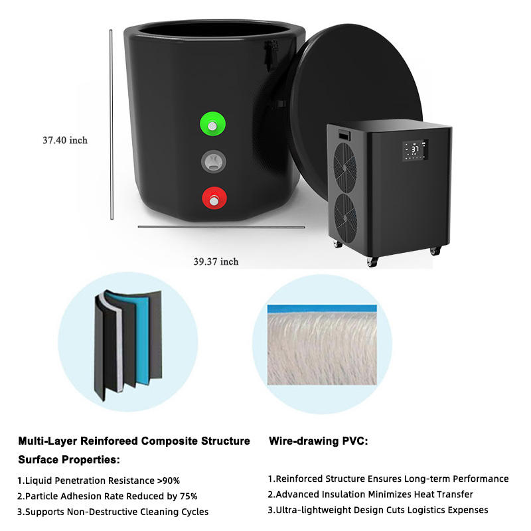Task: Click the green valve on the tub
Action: (x=212, y=124)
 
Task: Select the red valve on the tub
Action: (x=213, y=198)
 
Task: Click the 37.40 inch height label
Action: (x=65, y=140)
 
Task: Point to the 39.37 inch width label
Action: (x=216, y=262)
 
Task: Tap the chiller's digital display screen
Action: (x=414, y=150)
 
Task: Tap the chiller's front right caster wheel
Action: (x=435, y=251)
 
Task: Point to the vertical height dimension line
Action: (x=111, y=123)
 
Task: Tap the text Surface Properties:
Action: (x=68, y=459)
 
